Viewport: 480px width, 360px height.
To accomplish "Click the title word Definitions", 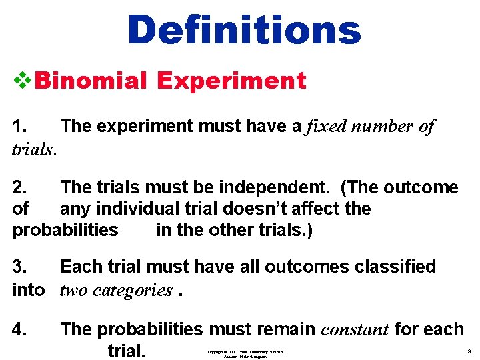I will [244, 30].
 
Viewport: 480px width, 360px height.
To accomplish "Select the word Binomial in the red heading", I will [90, 81].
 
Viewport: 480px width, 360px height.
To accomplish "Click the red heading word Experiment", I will [231, 81].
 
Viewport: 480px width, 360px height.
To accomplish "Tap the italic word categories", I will [133, 290].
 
